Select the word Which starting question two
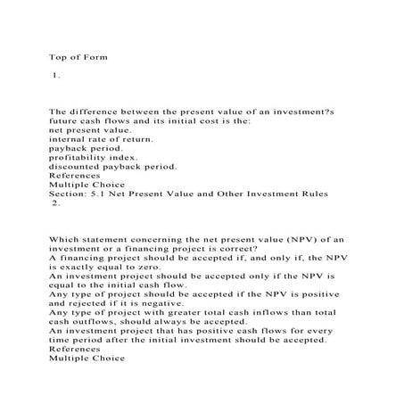click(66, 239)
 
